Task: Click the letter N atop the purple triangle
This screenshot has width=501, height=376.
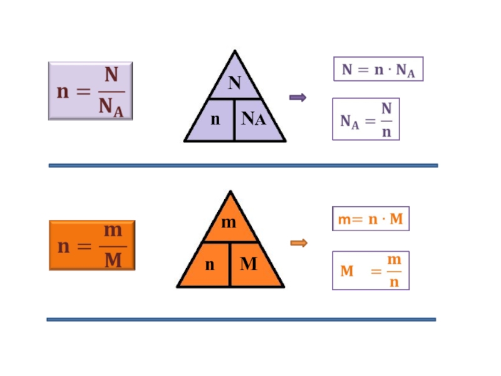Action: point(234,83)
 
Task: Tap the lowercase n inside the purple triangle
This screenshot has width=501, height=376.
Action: point(215,119)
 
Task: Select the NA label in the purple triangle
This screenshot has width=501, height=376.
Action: point(254,119)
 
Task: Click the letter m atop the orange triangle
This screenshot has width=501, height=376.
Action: point(229,222)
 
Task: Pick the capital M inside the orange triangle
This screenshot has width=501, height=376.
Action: point(249,264)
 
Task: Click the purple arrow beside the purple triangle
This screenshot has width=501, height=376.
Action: point(297,97)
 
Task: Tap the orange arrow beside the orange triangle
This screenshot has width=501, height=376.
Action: point(299,243)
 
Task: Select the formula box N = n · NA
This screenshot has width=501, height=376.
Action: point(378,70)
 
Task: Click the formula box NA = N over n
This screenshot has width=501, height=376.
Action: point(366,119)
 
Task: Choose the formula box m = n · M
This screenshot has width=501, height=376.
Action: point(370,219)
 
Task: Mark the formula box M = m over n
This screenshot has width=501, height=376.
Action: point(370,270)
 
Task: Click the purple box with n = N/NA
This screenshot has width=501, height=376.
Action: point(91,91)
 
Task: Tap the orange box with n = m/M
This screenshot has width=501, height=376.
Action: point(92,245)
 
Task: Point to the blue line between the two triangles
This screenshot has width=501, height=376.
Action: point(243,165)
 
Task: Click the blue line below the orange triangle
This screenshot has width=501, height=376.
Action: point(241,320)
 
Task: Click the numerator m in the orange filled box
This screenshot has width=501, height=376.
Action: point(113,231)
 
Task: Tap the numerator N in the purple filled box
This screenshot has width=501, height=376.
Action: point(111,76)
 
